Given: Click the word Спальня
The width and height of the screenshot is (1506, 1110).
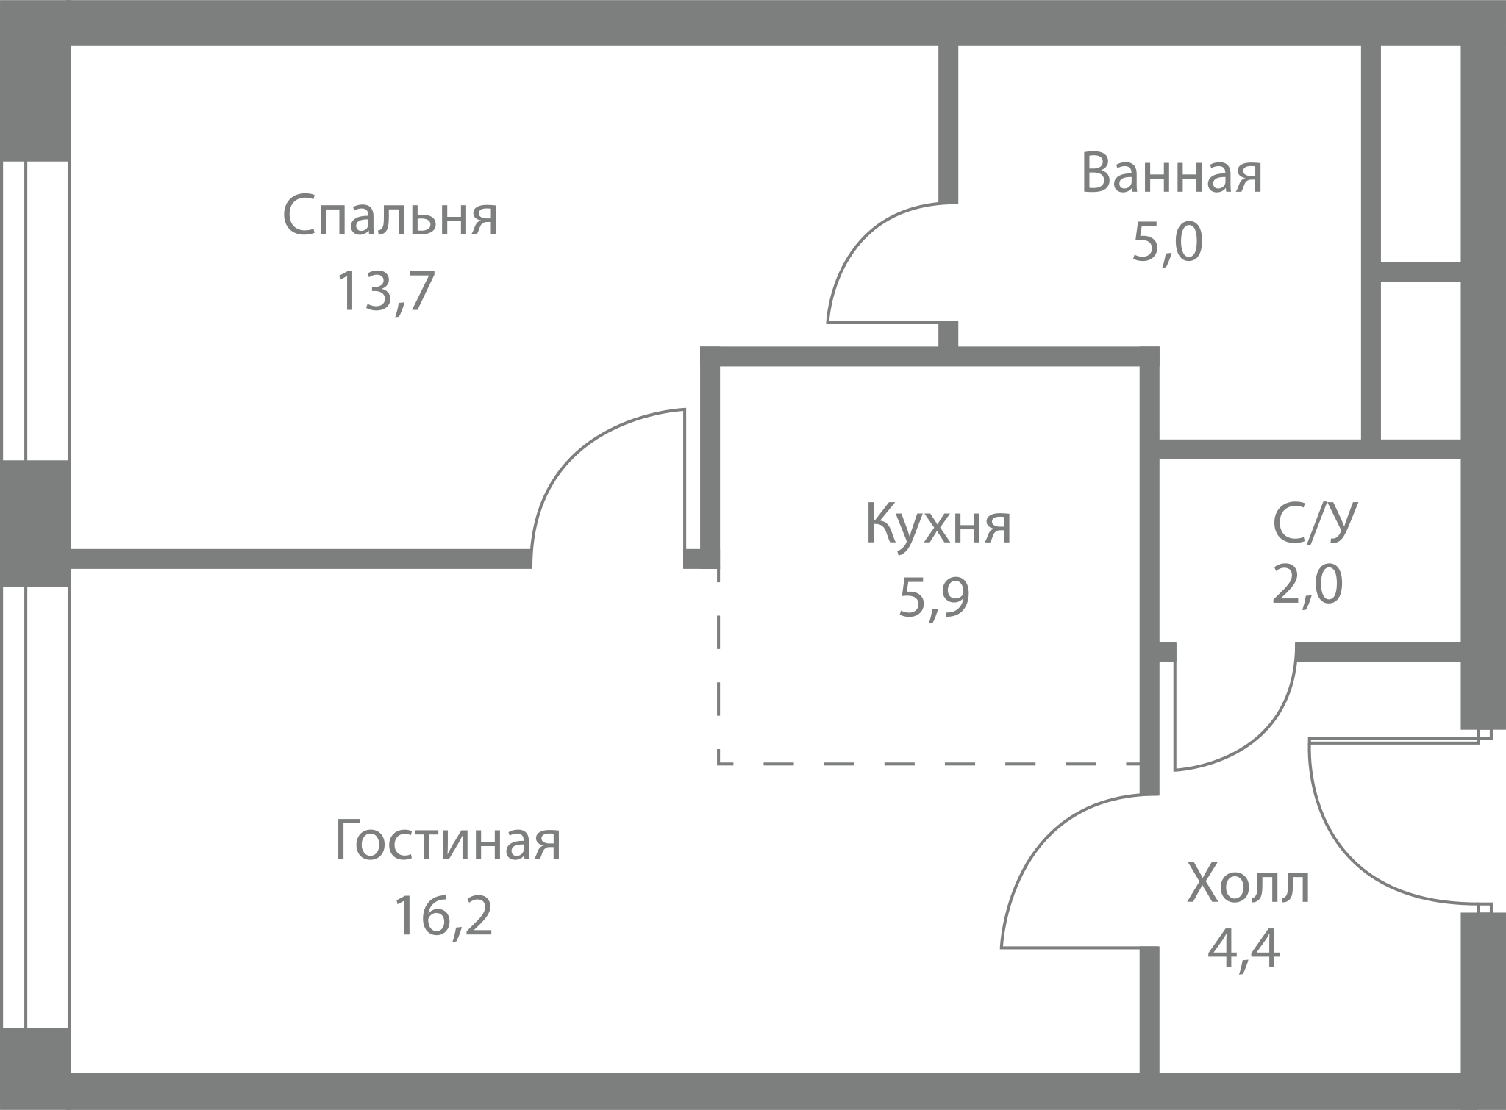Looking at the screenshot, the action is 390,216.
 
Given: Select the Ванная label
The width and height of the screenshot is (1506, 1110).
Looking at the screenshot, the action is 1171,173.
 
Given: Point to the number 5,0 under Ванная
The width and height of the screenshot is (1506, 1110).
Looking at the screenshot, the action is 1168,243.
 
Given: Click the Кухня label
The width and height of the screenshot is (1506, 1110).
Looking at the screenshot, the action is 938,523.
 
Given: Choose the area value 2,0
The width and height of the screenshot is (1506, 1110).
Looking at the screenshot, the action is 1307,586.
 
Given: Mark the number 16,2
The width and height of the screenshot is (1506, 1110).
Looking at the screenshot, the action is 443,915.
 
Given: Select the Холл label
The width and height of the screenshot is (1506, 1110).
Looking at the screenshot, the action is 1249,885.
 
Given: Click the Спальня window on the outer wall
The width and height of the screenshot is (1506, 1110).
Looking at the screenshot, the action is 35,310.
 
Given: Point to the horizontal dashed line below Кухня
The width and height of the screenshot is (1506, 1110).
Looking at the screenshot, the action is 929,764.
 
